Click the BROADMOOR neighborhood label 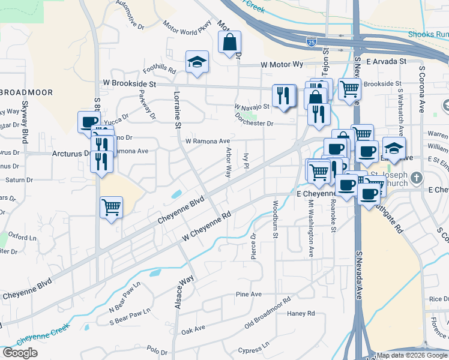pyautogui.click(x=27, y=92)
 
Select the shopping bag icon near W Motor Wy pyautogui.click(x=229, y=43)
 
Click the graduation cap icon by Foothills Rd pyautogui.click(x=196, y=62)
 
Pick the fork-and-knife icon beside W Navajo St pyautogui.click(x=283, y=95)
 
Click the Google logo pyautogui.click(x=20, y=352)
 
